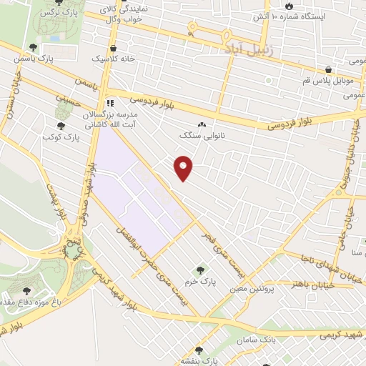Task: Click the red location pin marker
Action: coord(184,167)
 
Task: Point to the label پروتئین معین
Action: coord(248,290)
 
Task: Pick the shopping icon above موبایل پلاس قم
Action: coord(328,70)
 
